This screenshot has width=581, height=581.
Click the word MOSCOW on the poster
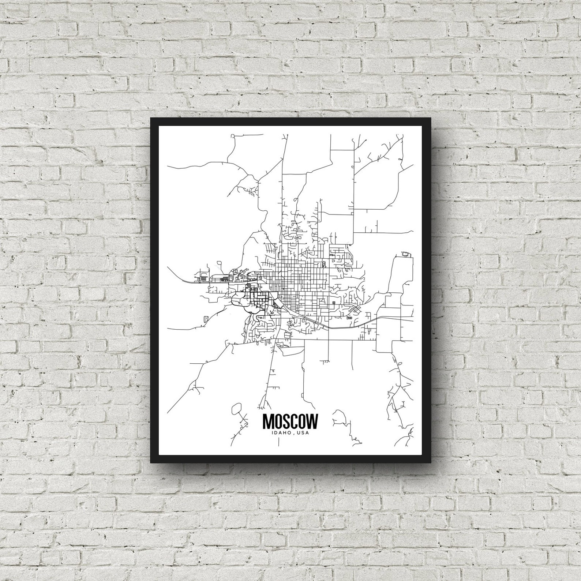290,421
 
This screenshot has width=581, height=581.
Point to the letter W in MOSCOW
312,421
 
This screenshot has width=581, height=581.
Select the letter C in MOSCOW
295,421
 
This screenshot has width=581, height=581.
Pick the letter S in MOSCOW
286,421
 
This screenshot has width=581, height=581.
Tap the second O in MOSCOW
303,421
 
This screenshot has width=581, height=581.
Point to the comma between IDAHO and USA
294,434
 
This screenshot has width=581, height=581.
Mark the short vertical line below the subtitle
279,442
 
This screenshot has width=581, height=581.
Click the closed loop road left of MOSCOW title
237,408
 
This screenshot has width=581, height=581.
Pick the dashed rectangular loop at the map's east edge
406,254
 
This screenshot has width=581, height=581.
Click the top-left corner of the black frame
151,118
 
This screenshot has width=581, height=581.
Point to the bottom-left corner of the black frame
151,462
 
